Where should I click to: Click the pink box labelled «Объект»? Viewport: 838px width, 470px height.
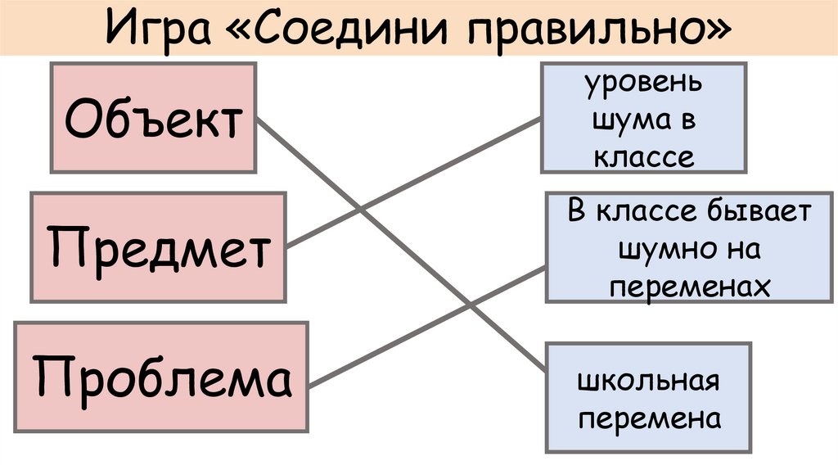(x=154, y=119)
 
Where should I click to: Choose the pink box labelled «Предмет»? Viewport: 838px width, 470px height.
(x=158, y=247)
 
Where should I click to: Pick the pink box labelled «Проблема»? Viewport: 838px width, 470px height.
(x=161, y=377)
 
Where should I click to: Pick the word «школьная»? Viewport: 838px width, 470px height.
(x=647, y=382)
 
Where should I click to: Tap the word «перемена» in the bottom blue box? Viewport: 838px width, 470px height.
(x=649, y=418)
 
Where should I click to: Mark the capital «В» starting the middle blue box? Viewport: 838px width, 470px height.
(x=577, y=211)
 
